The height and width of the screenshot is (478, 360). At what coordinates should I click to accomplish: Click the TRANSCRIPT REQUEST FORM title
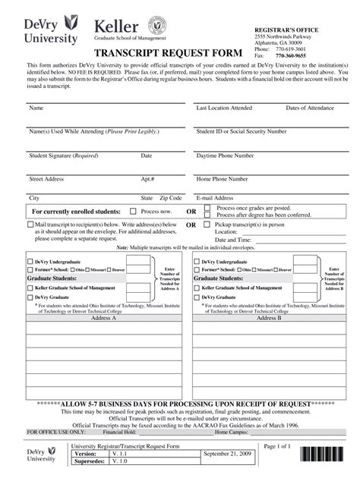pos(168,54)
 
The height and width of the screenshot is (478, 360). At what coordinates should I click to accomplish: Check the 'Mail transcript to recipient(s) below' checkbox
pos(30,225)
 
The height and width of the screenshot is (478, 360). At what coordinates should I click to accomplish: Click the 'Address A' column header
pos(103,319)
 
